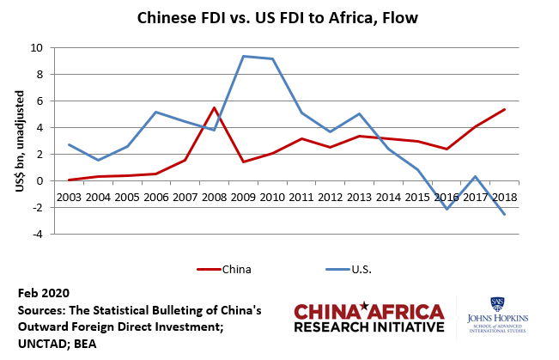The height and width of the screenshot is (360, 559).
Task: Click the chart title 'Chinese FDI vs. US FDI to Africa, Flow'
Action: (279, 17)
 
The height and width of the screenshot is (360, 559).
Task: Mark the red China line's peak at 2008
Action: (214, 107)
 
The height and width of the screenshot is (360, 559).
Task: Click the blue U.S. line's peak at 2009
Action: (243, 56)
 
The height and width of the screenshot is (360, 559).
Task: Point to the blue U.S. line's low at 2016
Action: (447, 209)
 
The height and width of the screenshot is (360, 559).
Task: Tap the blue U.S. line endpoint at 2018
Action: (504, 215)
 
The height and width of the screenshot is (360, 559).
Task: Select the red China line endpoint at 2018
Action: (504, 109)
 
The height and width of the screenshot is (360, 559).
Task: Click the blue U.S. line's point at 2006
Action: (155, 112)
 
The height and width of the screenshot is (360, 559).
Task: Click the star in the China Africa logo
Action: (366, 306)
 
